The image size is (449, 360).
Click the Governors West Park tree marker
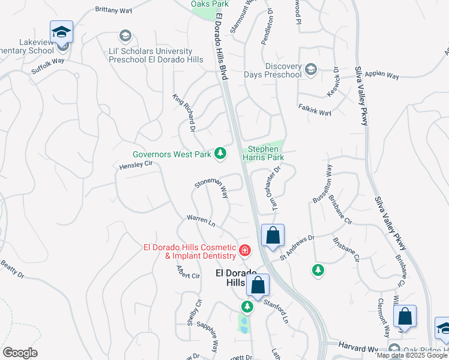click(x=221, y=154)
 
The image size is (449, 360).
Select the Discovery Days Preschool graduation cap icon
click(x=311, y=70)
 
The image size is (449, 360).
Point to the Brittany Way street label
click(x=114, y=11)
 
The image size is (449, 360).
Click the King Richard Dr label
click(x=184, y=113)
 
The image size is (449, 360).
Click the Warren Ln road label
click(x=200, y=221)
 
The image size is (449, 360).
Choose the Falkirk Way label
click(x=315, y=113)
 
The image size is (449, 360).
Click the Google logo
click(x=20, y=353)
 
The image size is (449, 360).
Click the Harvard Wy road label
click(x=360, y=349)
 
